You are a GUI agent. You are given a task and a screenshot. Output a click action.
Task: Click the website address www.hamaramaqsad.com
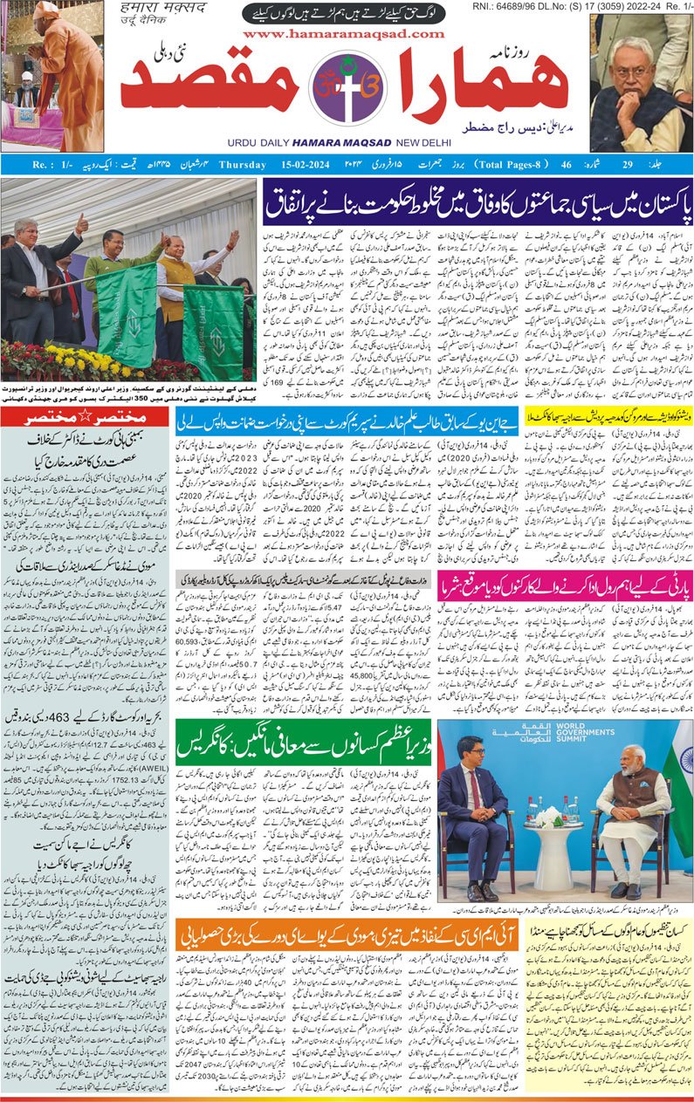pos(344,33)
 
